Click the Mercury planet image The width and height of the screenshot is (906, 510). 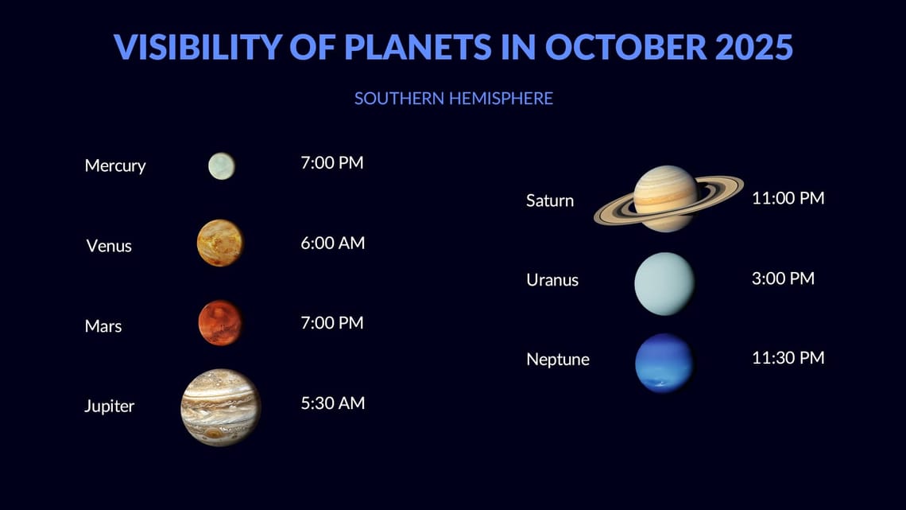[222, 166]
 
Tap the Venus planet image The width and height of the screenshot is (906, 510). [220, 243]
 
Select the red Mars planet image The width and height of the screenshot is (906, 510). [220, 323]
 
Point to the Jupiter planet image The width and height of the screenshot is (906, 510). [221, 407]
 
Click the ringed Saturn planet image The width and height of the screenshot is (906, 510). [666, 199]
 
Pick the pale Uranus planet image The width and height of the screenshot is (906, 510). [664, 283]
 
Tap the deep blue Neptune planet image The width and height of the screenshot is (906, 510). [664, 363]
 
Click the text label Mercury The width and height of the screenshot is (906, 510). [115, 165]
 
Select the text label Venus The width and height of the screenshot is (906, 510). [109, 246]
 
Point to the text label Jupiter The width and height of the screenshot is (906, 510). [110, 406]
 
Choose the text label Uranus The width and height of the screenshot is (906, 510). [552, 280]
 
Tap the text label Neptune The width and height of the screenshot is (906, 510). [558, 360]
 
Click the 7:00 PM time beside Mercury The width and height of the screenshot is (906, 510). [332, 163]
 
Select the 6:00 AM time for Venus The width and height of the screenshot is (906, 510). [333, 243]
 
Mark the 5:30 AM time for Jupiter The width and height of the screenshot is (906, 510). [333, 403]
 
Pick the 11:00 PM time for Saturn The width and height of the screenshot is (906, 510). [788, 198]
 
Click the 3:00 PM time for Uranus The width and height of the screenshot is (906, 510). [783, 278]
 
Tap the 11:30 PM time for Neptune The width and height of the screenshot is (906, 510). [788, 358]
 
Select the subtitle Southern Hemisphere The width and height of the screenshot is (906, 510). [453, 99]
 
